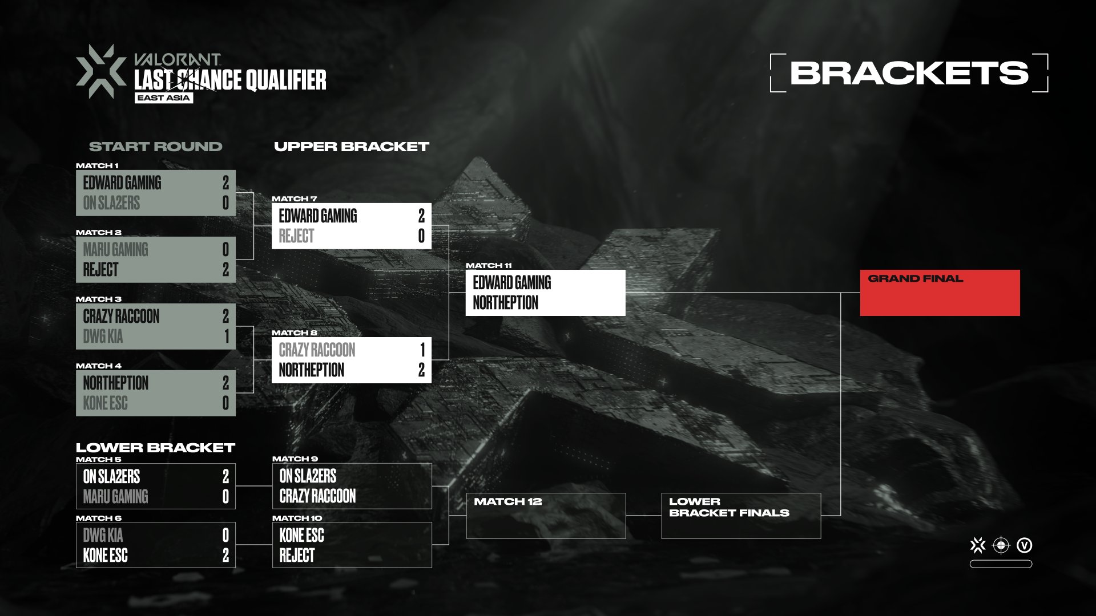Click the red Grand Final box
[x=940, y=293]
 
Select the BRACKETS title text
[x=909, y=73]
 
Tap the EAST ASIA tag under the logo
[x=164, y=98]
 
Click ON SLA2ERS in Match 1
[x=111, y=203]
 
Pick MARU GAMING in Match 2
[x=115, y=250]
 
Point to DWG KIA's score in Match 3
[x=226, y=337]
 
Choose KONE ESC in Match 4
[x=105, y=403]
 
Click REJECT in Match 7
[x=296, y=236]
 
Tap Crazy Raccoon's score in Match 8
[x=422, y=350]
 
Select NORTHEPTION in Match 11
[x=505, y=303]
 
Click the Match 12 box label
[x=507, y=501]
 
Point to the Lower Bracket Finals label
[x=729, y=507]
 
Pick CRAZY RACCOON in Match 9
[x=317, y=496]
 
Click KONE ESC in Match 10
[x=301, y=536]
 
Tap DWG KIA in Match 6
[x=103, y=536]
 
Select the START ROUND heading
[x=155, y=147]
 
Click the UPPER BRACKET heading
[x=351, y=147]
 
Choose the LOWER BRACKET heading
[x=155, y=448]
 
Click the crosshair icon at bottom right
[x=1001, y=545]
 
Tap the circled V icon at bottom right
[x=1025, y=545]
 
